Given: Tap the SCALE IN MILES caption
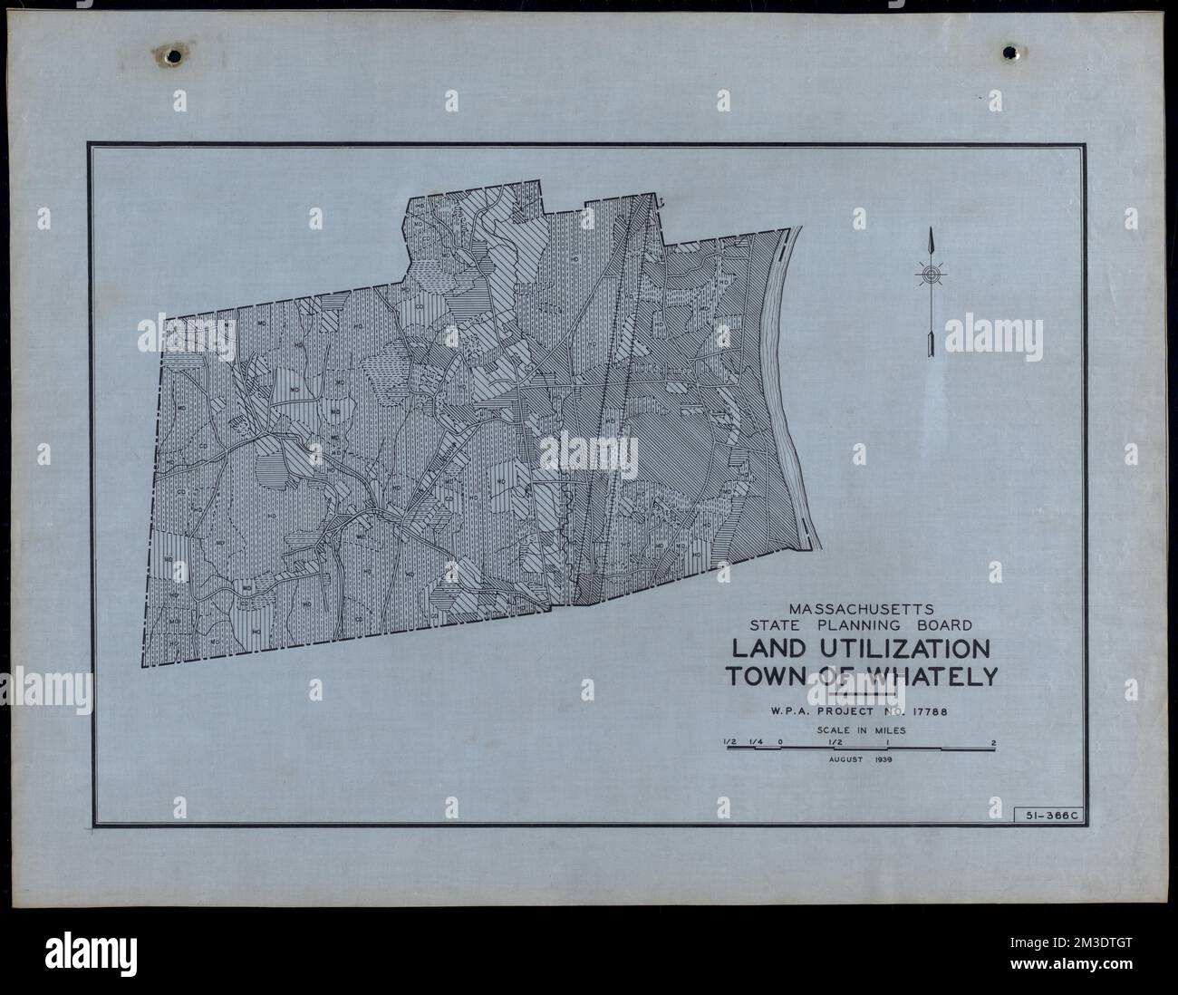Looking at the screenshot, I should pos(860,729).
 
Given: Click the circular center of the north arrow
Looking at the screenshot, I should pos(930,274).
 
